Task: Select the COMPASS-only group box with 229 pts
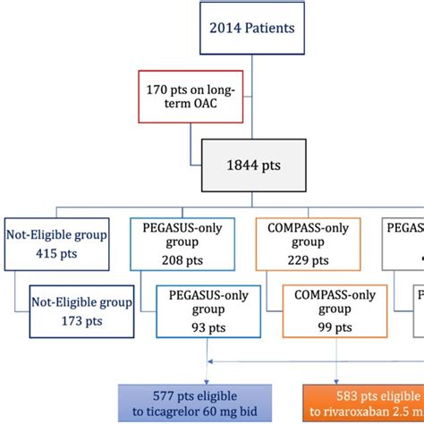click(305, 245)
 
